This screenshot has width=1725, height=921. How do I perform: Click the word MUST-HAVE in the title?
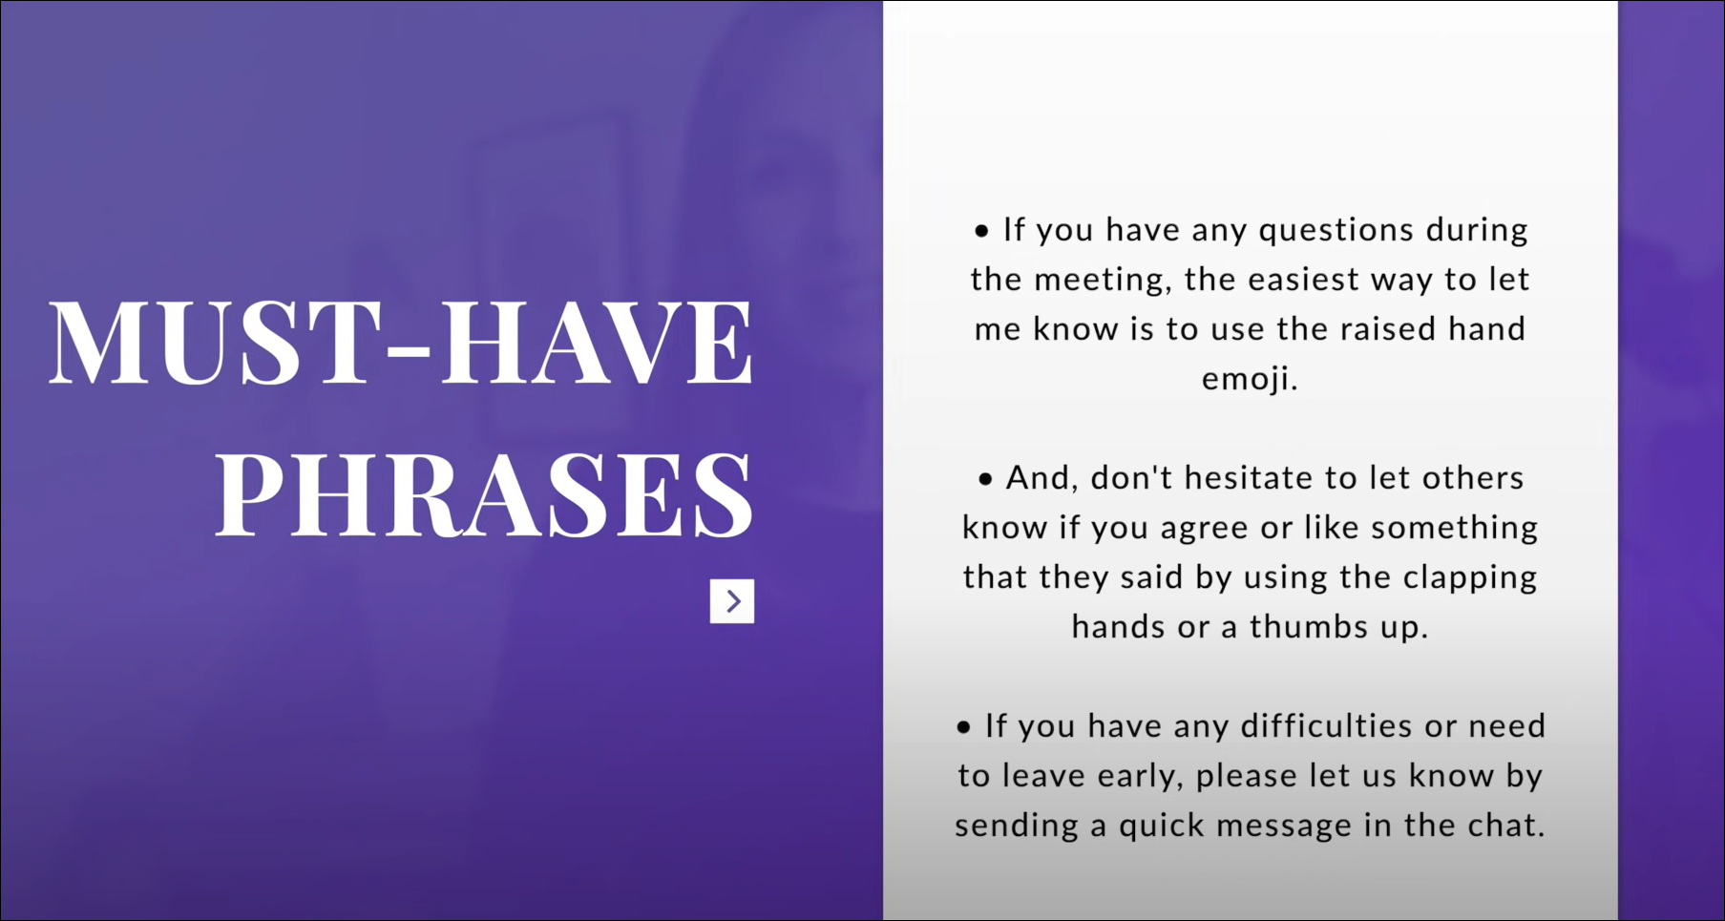coord(401,342)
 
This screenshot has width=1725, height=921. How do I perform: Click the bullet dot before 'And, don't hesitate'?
coord(985,479)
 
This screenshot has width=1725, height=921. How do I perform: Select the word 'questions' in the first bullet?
coord(1336,231)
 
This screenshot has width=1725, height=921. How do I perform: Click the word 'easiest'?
coord(1304,280)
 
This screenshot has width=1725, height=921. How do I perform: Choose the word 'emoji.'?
coord(1250,380)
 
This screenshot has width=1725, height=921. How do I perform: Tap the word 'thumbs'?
coord(1310,627)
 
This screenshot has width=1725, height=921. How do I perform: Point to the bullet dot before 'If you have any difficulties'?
coord(964,727)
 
